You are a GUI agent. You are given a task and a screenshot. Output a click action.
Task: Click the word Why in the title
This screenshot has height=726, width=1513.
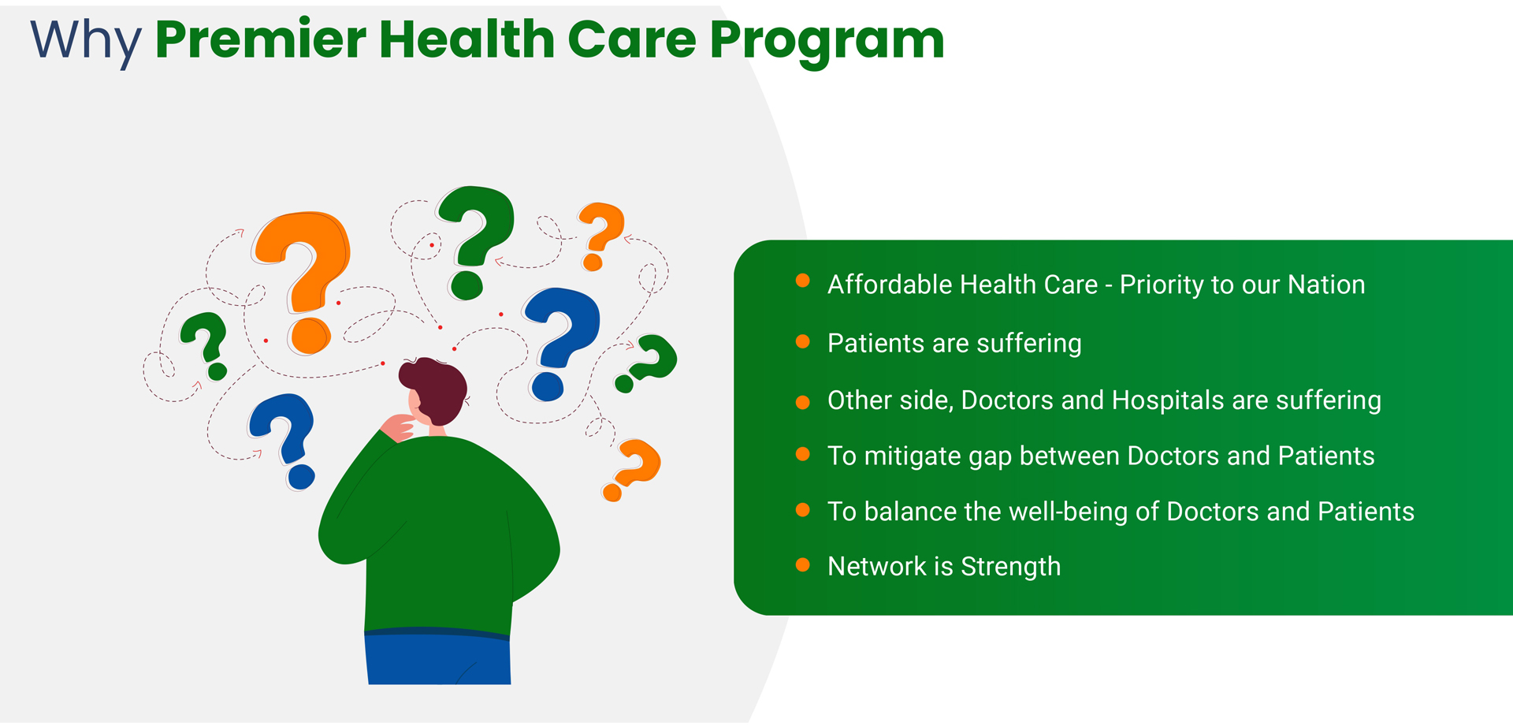(x=86, y=41)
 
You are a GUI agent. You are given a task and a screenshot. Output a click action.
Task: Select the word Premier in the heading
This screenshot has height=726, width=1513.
(x=261, y=39)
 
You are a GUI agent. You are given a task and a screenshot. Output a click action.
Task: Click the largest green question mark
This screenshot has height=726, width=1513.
(x=474, y=241)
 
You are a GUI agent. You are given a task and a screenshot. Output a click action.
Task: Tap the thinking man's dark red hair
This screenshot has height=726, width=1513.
(x=436, y=389)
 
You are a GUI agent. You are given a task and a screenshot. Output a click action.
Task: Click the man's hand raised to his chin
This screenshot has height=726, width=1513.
(x=398, y=427)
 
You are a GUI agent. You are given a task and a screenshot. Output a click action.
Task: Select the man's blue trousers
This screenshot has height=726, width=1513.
(x=438, y=657)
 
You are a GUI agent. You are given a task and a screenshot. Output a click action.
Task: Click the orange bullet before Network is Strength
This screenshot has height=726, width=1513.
(x=803, y=564)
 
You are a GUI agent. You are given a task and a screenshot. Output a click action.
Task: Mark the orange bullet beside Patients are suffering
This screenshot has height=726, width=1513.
(x=803, y=341)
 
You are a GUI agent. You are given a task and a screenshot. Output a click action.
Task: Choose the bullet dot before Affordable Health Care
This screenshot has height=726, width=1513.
(x=803, y=281)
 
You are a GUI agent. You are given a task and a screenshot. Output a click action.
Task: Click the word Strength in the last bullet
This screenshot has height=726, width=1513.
(x=1011, y=568)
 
